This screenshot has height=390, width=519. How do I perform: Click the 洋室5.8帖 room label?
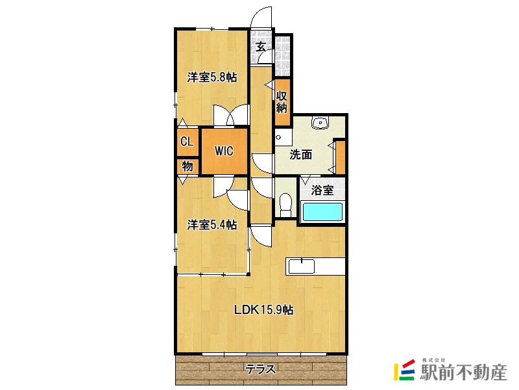click(x=212, y=77)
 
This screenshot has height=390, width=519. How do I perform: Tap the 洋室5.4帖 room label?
click(x=212, y=224)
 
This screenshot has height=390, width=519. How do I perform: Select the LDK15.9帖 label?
click(x=263, y=310)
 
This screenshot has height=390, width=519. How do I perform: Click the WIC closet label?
click(x=224, y=151)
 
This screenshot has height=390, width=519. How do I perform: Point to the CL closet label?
click(x=186, y=142)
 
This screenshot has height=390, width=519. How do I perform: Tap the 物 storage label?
click(x=187, y=166)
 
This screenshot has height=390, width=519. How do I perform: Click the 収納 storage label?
click(x=282, y=102)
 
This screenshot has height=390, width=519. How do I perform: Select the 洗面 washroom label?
click(x=300, y=155)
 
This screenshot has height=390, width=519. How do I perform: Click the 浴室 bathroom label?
click(x=322, y=190)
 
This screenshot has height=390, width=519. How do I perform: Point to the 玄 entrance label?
click(x=261, y=46)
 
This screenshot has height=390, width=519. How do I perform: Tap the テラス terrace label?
click(x=261, y=369)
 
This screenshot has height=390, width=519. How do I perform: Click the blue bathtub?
click(x=322, y=212)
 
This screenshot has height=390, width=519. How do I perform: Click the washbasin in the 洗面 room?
click(x=320, y=122)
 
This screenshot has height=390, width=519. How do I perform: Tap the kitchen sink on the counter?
click(x=302, y=266)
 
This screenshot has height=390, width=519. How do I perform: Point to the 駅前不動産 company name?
click(x=463, y=372)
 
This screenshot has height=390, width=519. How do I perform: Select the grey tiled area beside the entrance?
click(x=282, y=56)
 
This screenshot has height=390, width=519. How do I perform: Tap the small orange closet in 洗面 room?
click(x=341, y=157)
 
